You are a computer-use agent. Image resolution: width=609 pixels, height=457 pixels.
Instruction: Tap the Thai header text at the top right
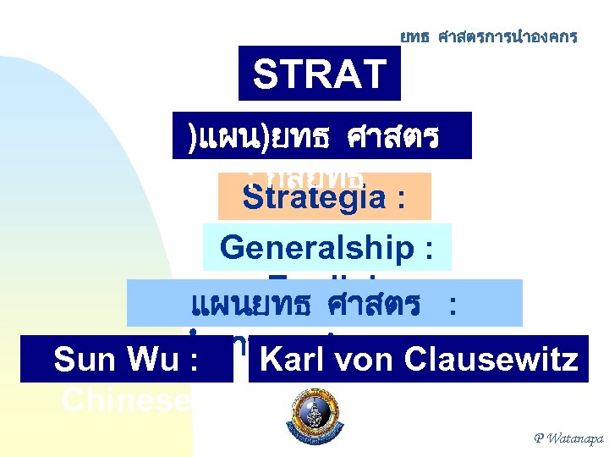[489, 36]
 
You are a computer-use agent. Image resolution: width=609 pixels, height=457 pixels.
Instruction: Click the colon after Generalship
[428, 249]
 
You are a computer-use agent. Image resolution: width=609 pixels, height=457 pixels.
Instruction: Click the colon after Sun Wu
[195, 361]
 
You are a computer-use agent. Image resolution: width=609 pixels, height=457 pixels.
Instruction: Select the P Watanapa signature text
[568, 438]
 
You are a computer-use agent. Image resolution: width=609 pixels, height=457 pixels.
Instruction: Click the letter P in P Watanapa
[539, 438]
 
